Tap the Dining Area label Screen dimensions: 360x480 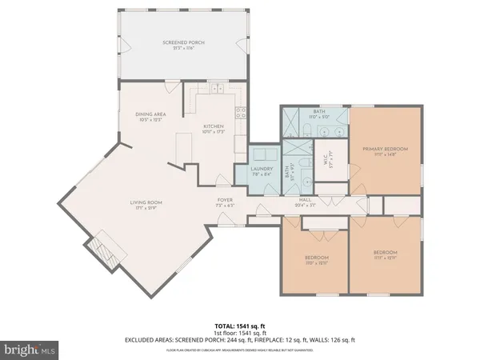(150, 116)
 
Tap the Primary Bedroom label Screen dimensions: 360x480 (386, 150)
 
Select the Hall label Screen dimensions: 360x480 (305, 202)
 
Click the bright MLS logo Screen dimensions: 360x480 (30, 349)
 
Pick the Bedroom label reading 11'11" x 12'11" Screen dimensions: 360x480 (384, 255)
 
